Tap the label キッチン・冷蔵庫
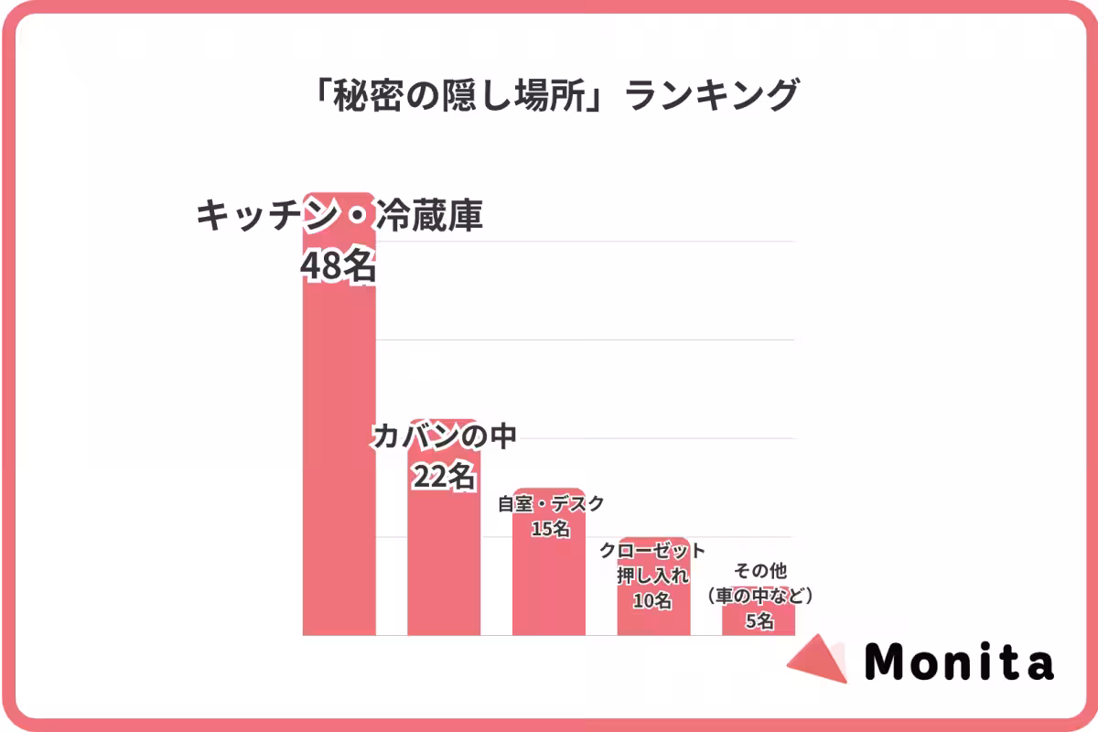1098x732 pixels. (x=339, y=218)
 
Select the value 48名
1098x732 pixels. (x=339, y=266)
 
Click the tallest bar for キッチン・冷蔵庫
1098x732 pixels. (x=339, y=457)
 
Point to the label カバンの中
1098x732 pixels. (x=444, y=436)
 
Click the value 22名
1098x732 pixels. (x=444, y=476)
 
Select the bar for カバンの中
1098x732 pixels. (x=444, y=567)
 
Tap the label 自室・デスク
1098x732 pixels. (x=550, y=503)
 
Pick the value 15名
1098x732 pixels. (x=550, y=528)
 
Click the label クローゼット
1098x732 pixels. (x=653, y=551)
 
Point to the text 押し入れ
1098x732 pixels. (x=653, y=576)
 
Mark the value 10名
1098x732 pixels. (x=653, y=601)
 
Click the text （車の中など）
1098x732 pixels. (x=759, y=597)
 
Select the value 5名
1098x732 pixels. (x=759, y=621)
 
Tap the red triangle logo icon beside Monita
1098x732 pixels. (x=820, y=657)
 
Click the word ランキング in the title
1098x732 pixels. (x=712, y=95)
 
